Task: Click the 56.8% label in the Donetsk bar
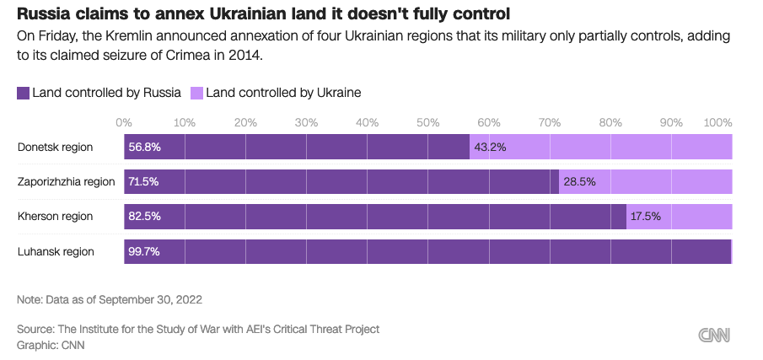click(144, 147)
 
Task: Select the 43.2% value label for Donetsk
click(490, 147)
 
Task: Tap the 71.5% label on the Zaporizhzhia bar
click(143, 181)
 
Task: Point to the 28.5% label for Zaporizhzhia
click(579, 181)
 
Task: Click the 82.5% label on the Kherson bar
click(144, 217)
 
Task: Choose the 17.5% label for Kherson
click(646, 217)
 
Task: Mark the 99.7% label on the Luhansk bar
click(144, 251)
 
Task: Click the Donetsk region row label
click(55, 147)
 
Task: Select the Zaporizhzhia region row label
click(66, 181)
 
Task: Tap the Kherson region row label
click(55, 217)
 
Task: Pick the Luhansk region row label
click(56, 251)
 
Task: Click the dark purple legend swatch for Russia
click(23, 93)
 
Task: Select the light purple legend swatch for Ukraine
click(196, 93)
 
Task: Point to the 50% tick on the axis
click(427, 122)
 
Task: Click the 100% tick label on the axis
click(717, 122)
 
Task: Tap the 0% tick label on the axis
click(124, 122)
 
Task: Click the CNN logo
click(715, 335)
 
